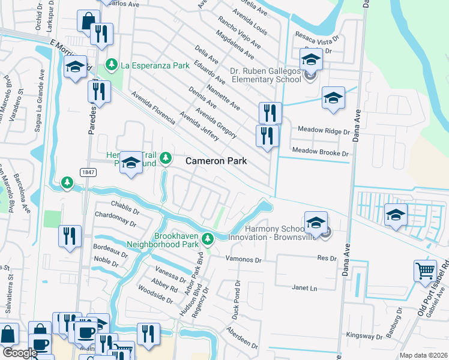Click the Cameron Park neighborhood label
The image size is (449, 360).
pos(216,161)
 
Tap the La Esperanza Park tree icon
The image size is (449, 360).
pos(110,64)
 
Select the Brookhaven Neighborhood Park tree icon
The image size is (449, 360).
pos(208,239)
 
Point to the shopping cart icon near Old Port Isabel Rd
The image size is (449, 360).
pos(425,271)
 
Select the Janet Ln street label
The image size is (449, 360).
pos(304,287)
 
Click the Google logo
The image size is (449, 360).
pos(19,353)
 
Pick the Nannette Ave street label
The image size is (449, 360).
pos(223,98)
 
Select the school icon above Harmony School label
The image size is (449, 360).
pos(316,223)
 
